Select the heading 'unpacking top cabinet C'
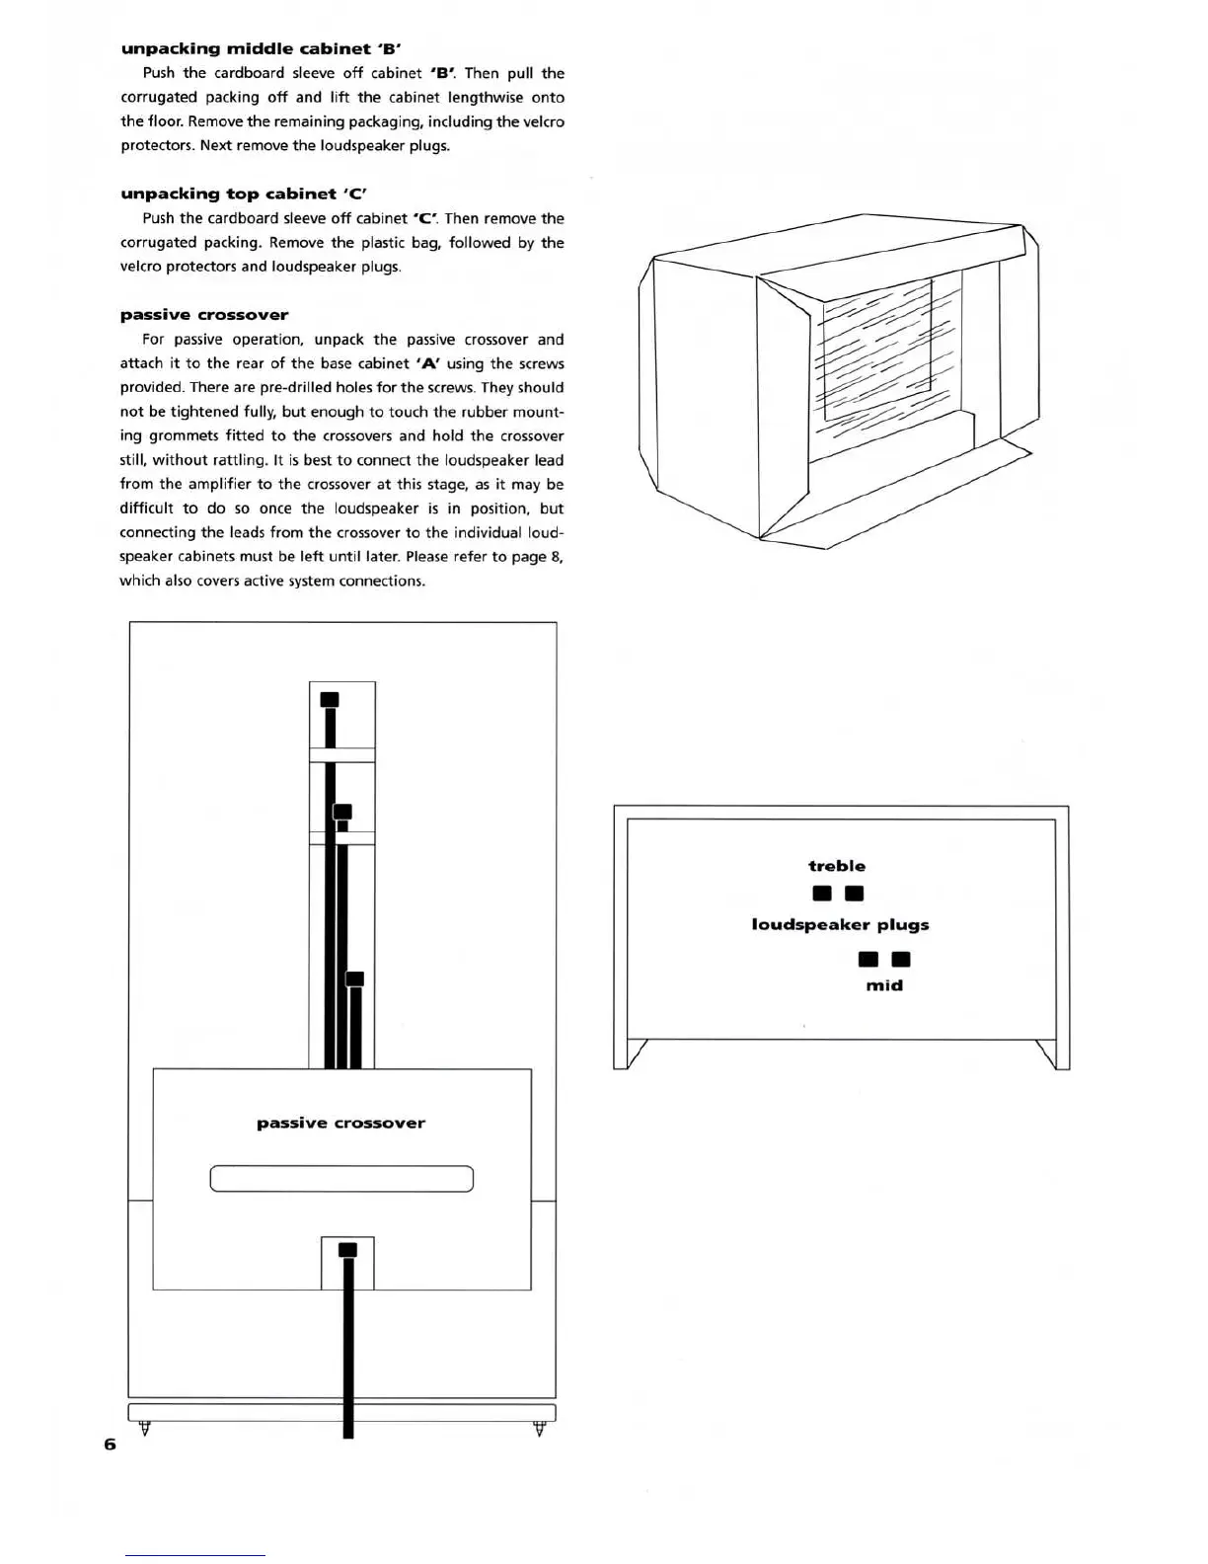coord(244,194)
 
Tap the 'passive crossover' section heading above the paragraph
coord(204,315)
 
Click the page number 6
coord(110,1444)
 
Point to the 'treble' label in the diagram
coord(837,866)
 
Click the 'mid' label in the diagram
coord(884,985)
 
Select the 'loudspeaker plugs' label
coord(840,925)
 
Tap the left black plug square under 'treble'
coord(821,894)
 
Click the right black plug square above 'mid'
coord(900,959)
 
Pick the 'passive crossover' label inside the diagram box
coord(340,1123)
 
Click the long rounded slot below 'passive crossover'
coord(341,1179)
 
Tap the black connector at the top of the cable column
coord(330,699)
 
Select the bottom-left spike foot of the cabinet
coord(145,1428)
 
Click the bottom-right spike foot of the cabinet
coord(539,1428)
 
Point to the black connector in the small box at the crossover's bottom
coord(347,1250)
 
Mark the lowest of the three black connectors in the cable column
coord(355,978)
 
